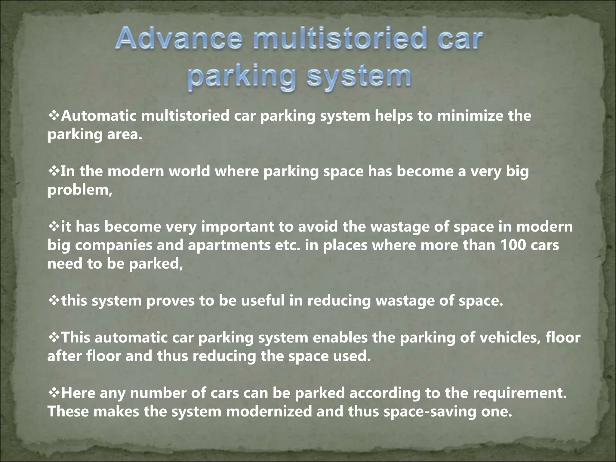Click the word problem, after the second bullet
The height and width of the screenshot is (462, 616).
(x=80, y=190)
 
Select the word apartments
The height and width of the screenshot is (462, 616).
(x=229, y=246)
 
